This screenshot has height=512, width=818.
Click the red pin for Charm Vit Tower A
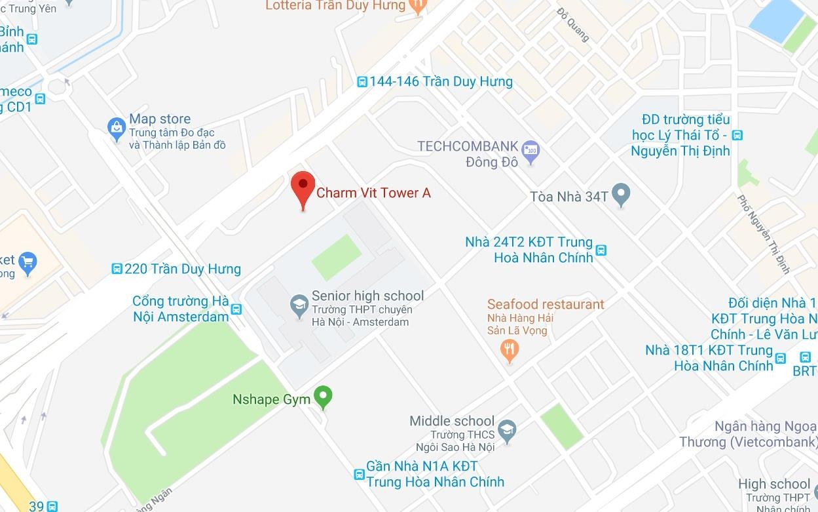303,186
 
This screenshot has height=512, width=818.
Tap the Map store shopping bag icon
117,129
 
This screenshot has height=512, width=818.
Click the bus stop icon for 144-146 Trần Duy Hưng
362,82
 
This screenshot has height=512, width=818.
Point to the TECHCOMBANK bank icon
530,150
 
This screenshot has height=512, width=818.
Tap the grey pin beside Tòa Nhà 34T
620,195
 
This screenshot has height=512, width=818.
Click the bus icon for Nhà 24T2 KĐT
601,250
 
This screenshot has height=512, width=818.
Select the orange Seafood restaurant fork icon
510,349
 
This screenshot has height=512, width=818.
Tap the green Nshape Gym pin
322,397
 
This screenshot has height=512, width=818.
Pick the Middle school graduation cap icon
507,430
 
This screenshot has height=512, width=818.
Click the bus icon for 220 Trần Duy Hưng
117,269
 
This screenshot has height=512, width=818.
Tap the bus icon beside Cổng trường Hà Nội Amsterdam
236,309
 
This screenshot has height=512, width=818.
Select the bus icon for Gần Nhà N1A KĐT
359,474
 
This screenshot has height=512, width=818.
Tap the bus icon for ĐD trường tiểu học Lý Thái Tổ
737,136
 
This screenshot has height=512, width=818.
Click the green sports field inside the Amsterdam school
337,257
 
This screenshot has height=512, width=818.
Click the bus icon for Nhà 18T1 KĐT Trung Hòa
780,358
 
